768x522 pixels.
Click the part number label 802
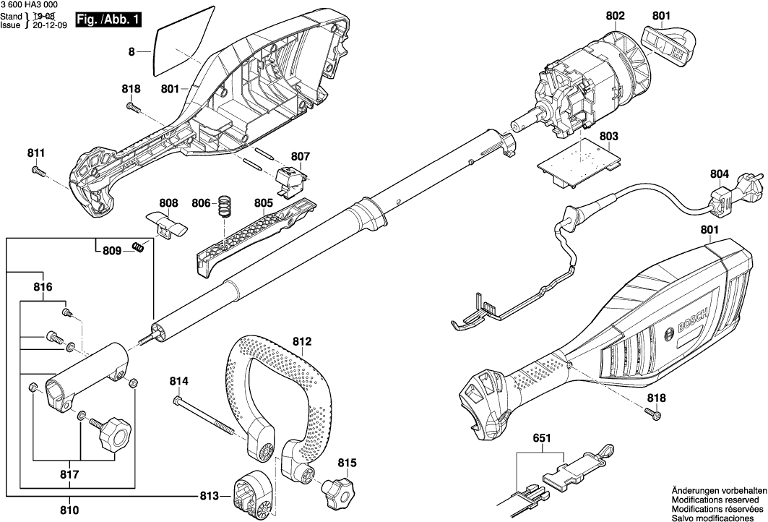point(615,16)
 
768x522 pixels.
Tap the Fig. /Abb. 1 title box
point(108,20)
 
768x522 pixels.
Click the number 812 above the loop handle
point(302,341)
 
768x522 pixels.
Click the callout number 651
point(541,438)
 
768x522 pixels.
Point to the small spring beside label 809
point(138,247)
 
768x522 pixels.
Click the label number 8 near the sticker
point(131,51)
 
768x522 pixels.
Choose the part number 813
point(209,496)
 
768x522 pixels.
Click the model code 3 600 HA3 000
point(29,5)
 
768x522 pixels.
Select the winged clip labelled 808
point(167,224)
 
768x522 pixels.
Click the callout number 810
point(69,510)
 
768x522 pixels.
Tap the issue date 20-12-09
point(49,25)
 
